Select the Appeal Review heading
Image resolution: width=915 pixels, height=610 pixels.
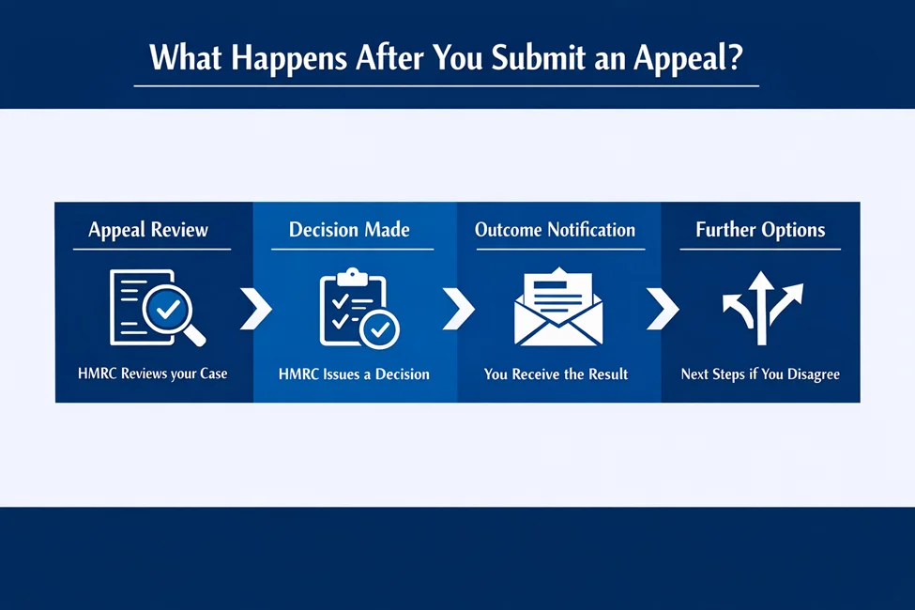148,230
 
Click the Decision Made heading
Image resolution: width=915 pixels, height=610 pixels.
349,230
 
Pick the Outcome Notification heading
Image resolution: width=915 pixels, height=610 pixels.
555,230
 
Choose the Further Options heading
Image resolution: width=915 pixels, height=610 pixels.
760,230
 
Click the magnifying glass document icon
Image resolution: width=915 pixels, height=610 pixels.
156,308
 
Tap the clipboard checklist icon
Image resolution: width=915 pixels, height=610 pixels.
358,308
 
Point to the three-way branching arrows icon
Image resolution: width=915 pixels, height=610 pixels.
761,308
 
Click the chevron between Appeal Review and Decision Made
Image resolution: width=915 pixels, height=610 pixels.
254,309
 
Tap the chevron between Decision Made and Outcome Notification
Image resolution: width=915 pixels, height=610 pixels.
457,309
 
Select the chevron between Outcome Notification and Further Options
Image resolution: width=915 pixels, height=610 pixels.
662,309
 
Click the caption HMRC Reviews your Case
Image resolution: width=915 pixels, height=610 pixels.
152,374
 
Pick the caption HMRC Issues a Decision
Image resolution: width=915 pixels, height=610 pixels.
354,374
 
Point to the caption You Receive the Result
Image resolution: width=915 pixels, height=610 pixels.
556,374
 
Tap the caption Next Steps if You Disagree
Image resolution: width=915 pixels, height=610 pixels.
760,374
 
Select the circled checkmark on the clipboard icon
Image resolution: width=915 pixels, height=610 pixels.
381,330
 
